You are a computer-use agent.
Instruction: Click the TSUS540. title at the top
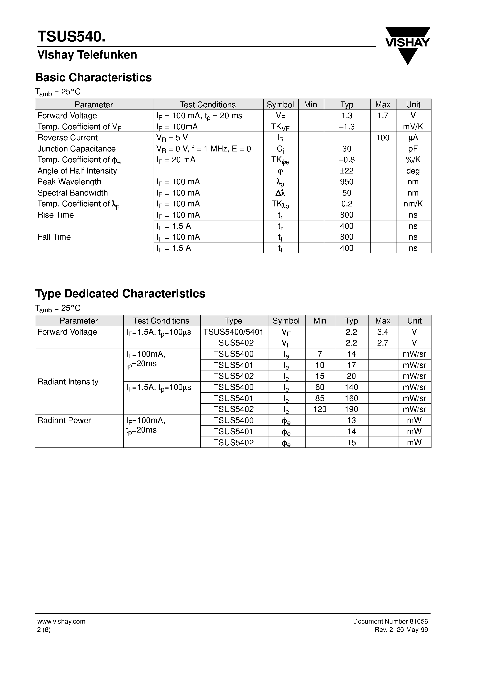[71, 37]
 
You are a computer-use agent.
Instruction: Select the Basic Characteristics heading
[93, 78]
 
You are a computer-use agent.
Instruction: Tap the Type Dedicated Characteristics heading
[120, 294]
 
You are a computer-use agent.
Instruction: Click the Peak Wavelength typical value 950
[347, 182]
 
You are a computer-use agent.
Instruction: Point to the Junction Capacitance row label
[77, 149]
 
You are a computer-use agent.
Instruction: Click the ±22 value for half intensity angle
[347, 171]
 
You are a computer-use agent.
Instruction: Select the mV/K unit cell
[413, 127]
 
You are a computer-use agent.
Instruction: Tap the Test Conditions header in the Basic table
[208, 105]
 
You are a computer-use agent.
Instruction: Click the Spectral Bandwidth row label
[73, 193]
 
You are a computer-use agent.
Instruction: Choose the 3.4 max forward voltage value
[382, 332]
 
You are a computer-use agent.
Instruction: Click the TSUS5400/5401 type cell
[234, 332]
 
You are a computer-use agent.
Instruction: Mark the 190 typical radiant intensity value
[351, 409]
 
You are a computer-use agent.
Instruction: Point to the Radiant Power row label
[64, 420]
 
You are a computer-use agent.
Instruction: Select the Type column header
[233, 321]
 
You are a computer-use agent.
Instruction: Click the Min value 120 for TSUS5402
[320, 409]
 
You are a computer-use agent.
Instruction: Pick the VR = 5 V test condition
[172, 138]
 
